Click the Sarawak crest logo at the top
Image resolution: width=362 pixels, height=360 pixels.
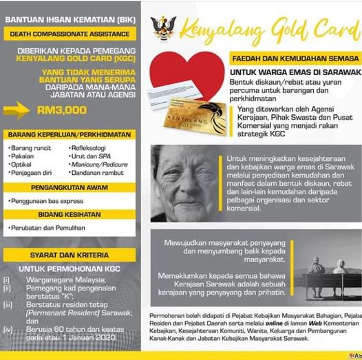coord(163,29)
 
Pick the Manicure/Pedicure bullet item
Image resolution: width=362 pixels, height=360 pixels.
coord(100,165)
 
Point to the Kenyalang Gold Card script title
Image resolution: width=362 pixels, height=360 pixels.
coord(268,29)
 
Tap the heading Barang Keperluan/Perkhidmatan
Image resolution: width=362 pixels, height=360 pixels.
coord(69,134)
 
